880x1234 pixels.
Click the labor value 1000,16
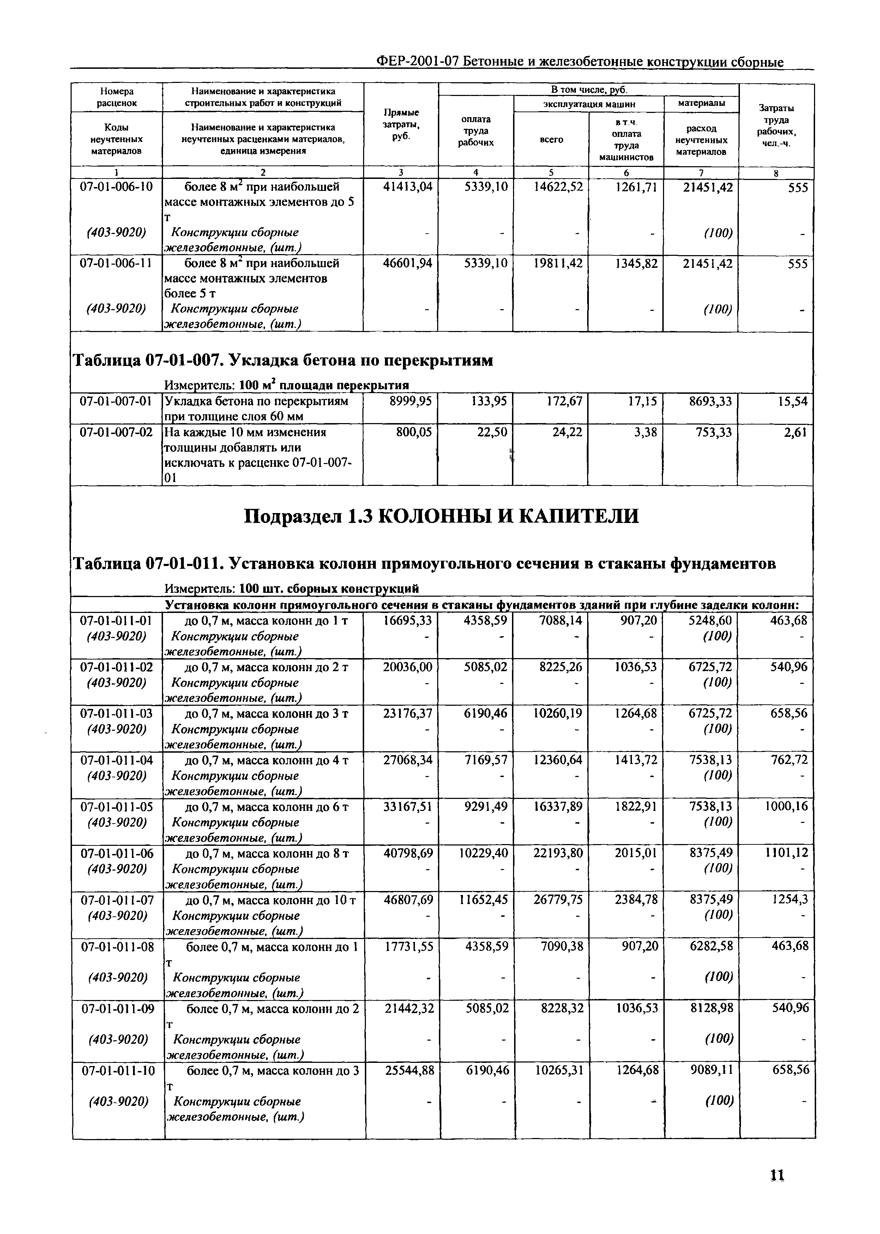[x=786, y=807]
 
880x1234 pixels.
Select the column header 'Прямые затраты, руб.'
[x=401, y=125]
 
